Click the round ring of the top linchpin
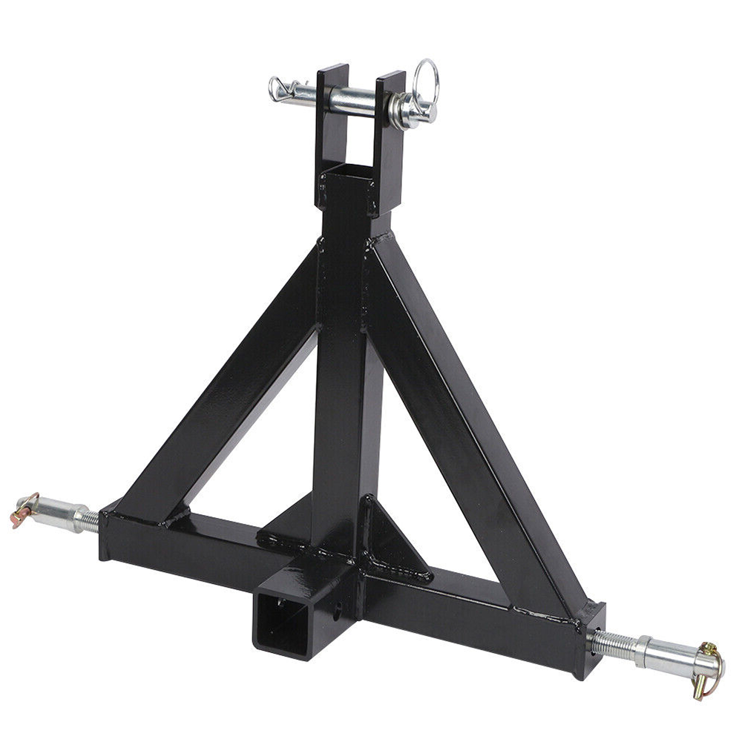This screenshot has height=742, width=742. [427, 80]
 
